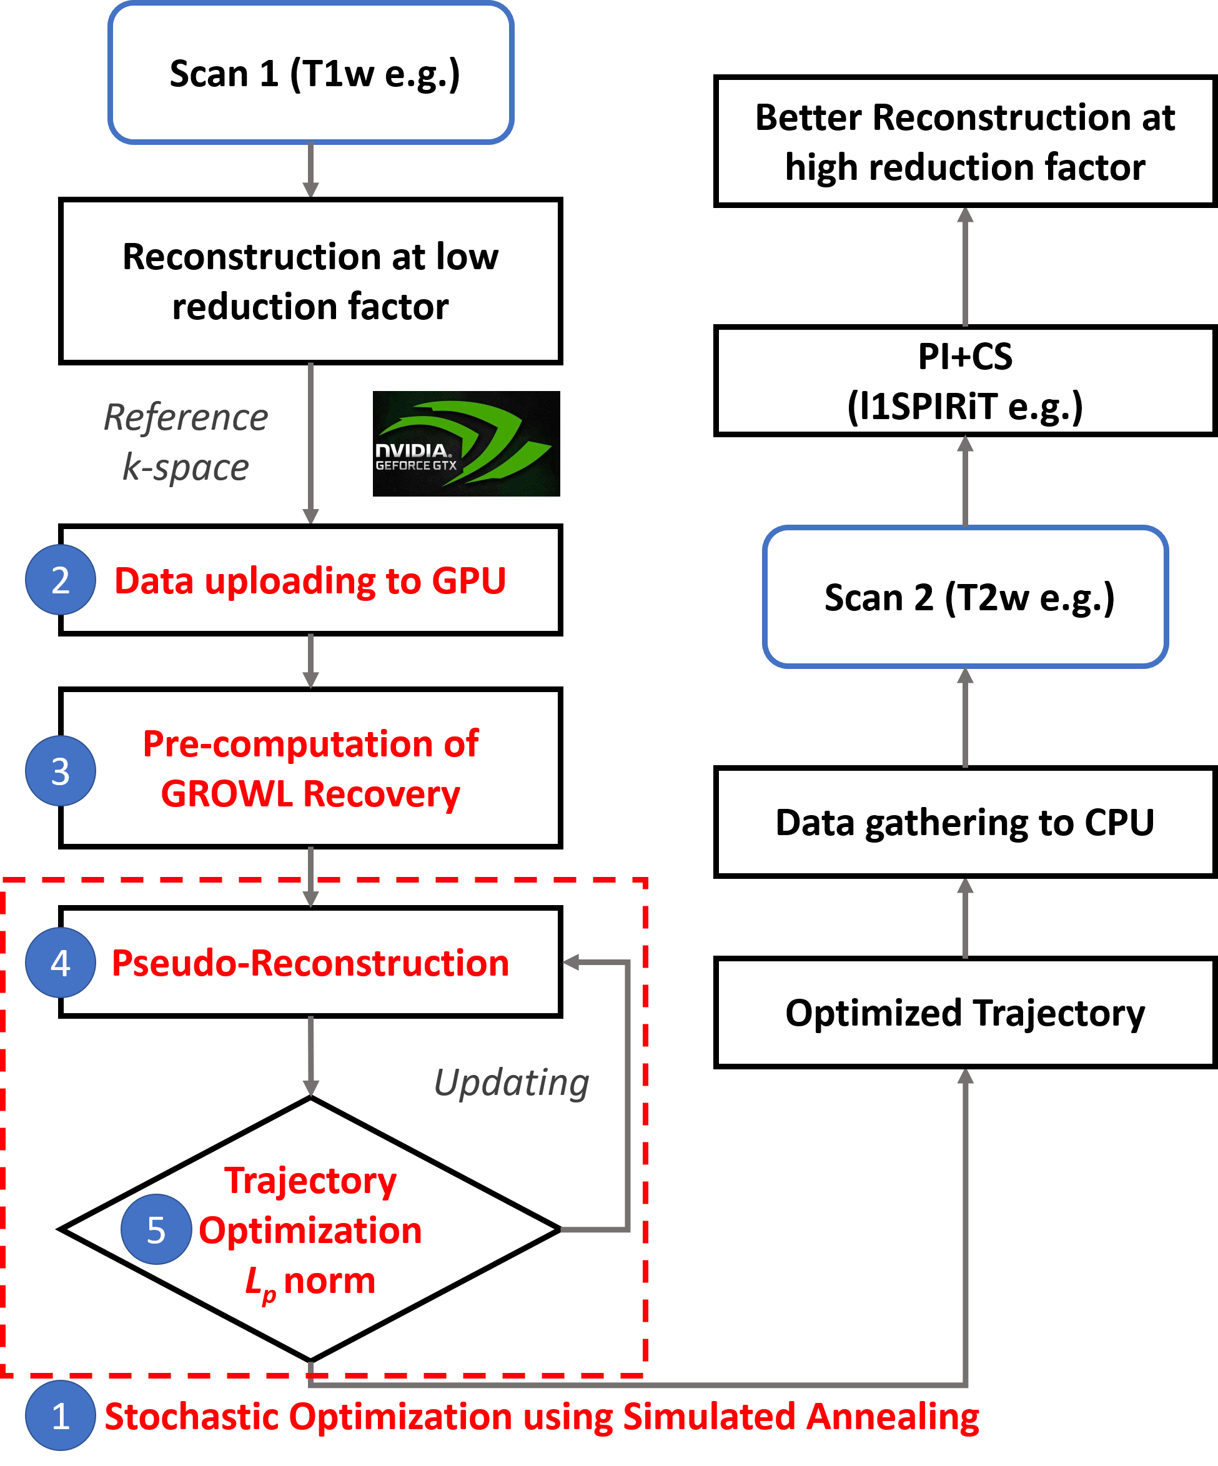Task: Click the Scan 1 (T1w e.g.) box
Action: pos(310,73)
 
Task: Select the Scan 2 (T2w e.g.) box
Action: pos(965,597)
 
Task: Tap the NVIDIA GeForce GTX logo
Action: pos(466,444)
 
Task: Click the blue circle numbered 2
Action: pos(61,580)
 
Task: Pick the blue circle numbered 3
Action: pos(61,771)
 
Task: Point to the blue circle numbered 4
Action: pos(61,963)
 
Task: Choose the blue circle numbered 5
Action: pos(156,1229)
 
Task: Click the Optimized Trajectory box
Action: pos(965,1013)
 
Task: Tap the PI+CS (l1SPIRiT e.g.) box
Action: pos(965,381)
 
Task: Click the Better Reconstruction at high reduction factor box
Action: pos(965,142)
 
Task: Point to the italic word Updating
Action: pos(512,1082)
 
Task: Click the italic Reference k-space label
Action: pos(186,442)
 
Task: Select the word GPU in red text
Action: pos(468,581)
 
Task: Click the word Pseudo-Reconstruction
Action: pos(310,963)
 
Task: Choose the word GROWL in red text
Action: pos(227,795)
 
